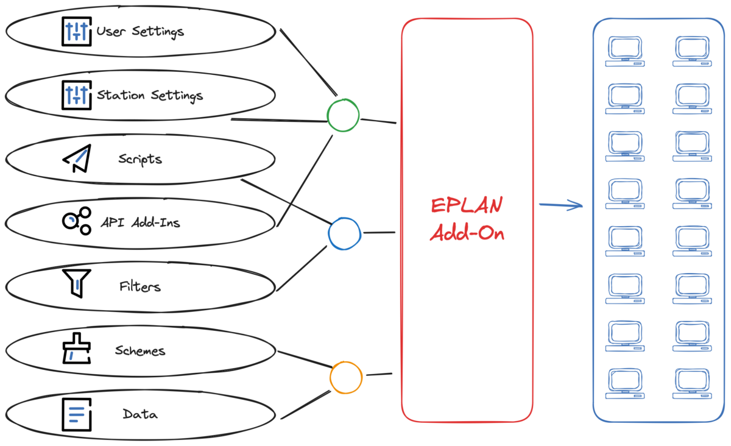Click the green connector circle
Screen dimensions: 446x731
tap(343, 115)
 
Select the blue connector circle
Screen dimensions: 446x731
tap(345, 234)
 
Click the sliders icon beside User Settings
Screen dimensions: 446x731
tap(77, 31)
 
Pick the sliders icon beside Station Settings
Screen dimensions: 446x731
tap(77, 94)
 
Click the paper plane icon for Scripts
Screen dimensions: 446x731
tap(77, 158)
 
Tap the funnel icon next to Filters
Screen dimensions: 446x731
tap(77, 283)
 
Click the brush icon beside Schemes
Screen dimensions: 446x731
tap(77, 349)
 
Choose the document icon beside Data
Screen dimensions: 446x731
tap(77, 414)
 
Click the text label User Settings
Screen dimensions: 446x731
tap(140, 30)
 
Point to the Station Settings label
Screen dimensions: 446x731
tap(150, 95)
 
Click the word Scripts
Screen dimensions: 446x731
tap(140, 159)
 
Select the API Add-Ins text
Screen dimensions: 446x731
tap(140, 223)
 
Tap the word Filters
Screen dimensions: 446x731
tap(140, 286)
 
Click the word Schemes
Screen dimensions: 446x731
tap(140, 350)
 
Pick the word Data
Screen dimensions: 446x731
tap(140, 414)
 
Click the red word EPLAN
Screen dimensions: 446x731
tap(467, 205)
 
